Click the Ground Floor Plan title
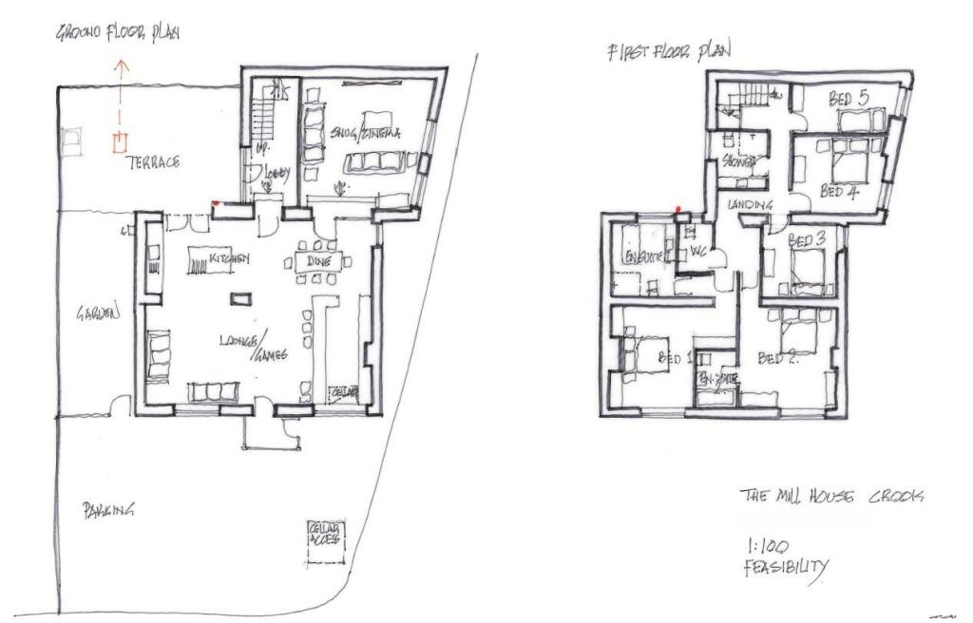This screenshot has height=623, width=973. click(119, 33)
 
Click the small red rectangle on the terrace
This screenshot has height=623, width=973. click(119, 143)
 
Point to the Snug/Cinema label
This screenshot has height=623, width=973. click(366, 134)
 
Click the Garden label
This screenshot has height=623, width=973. click(99, 311)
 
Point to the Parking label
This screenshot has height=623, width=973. click(107, 510)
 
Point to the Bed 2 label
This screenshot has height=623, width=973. click(777, 358)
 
